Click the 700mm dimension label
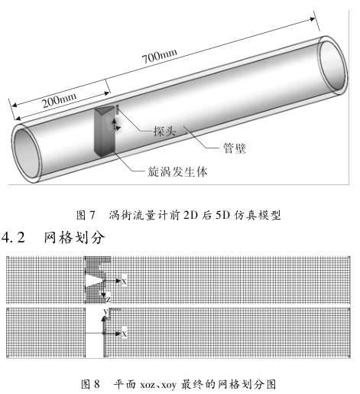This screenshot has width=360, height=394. coord(159,57)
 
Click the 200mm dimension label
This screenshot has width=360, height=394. coord(59,100)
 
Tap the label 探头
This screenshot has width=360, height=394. coord(164,131)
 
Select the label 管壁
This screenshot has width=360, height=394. coord(235,148)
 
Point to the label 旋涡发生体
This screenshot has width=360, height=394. coord(177,171)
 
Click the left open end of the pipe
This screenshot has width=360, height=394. coord(27,154)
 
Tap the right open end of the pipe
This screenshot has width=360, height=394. coord(333,66)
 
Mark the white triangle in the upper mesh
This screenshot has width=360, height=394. coord(94,281)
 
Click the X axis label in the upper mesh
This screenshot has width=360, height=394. coord(124,282)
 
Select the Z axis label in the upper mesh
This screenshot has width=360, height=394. coord(109,299)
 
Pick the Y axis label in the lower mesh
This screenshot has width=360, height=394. coord(106,312)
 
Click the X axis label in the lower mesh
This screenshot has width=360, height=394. coord(124,334)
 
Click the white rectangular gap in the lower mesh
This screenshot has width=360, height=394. coord(95,333)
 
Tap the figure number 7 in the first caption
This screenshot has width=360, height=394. coord(92,215)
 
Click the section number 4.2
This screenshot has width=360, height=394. coord(13,237)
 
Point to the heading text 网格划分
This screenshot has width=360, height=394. coord(74,238)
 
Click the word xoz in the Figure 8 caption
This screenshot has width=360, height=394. coord(148,385)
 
